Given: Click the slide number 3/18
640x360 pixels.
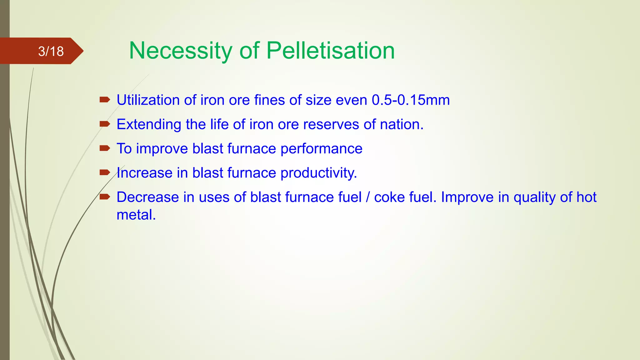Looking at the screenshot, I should (x=51, y=51).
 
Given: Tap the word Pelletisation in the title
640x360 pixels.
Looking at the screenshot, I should (x=331, y=51).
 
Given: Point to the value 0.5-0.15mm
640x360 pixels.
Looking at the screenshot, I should (x=411, y=100).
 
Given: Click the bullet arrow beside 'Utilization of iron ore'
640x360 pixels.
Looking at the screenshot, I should (x=105, y=100).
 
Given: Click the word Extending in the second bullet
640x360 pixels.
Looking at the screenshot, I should (x=149, y=124).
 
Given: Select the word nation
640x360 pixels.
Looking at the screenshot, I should (x=402, y=124).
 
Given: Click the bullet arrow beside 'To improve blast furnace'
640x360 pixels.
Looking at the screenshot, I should (x=105, y=148).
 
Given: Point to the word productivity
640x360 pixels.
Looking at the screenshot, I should (x=318, y=173).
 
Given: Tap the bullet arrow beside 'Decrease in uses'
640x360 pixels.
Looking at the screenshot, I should (x=105, y=197).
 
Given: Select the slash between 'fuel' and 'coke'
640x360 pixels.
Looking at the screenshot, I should (x=368, y=197).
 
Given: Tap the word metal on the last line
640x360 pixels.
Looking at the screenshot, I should (x=136, y=215).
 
